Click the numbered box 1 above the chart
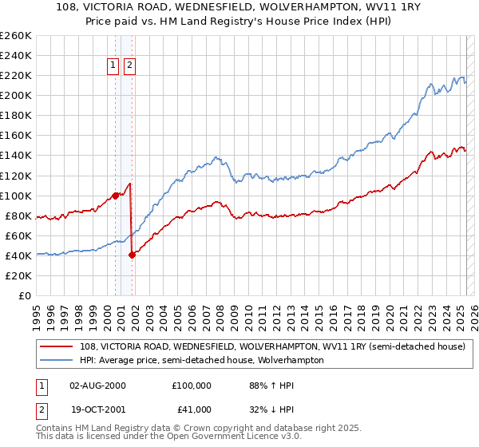(x=113, y=66)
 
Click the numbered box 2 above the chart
(x=129, y=66)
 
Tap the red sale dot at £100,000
(x=115, y=195)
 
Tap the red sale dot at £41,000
(x=133, y=255)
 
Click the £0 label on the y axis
(x=26, y=295)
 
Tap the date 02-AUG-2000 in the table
(x=97, y=385)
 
